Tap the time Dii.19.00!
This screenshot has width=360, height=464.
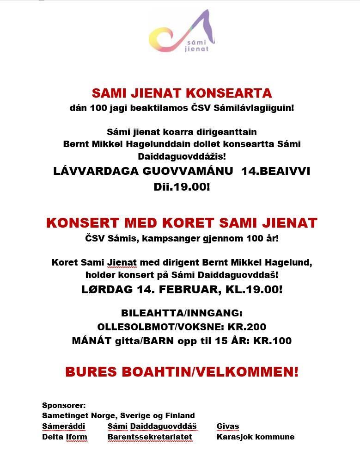tap(182, 187)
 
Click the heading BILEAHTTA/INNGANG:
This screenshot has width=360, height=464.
tap(182, 313)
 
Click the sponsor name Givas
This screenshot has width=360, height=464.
tap(228, 426)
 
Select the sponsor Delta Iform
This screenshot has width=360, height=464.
tap(64, 437)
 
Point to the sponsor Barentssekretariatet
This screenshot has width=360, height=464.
tap(150, 437)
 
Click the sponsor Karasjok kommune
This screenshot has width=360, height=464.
tap(255, 437)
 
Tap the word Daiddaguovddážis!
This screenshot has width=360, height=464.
tap(182, 156)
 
